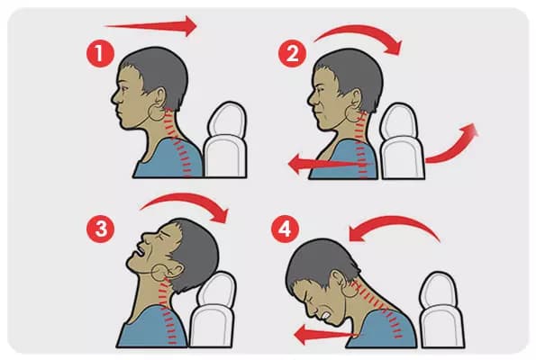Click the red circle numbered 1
pyautogui.click(x=99, y=53)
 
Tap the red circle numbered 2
pyautogui.click(x=292, y=53)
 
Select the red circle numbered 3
pyautogui.click(x=101, y=229)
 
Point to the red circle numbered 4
pyautogui.click(x=285, y=229)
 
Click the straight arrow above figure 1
pyautogui.click(x=150, y=25)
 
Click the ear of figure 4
pyautogui.click(x=338, y=280)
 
